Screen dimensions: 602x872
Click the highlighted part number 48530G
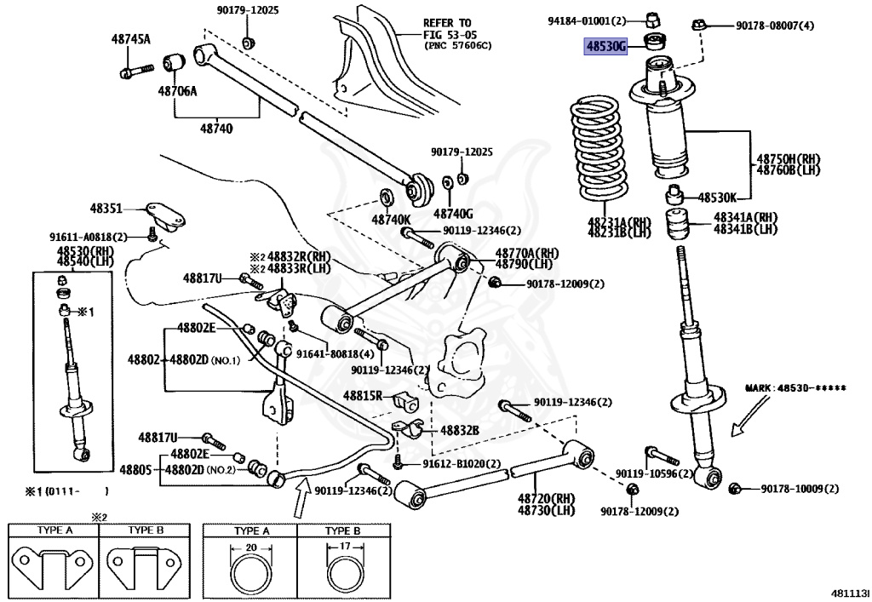pyautogui.click(x=605, y=47)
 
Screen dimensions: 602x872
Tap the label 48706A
pyautogui.click(x=176, y=90)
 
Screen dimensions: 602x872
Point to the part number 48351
pyautogui.click(x=107, y=208)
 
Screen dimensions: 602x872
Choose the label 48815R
pyautogui.click(x=364, y=396)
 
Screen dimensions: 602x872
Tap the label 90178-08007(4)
pyautogui.click(x=775, y=26)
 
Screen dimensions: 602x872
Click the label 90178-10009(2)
pyautogui.click(x=800, y=489)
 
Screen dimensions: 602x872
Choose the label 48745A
pyautogui.click(x=130, y=39)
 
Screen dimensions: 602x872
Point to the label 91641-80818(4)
pyautogui.click(x=335, y=353)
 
